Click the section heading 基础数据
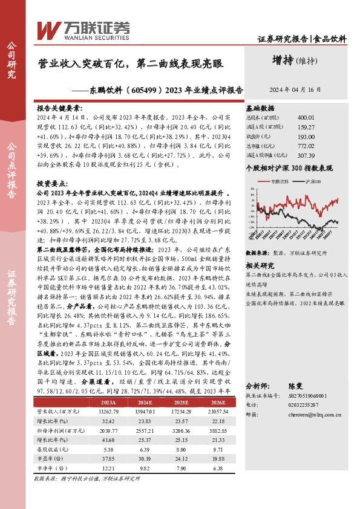(260, 106)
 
